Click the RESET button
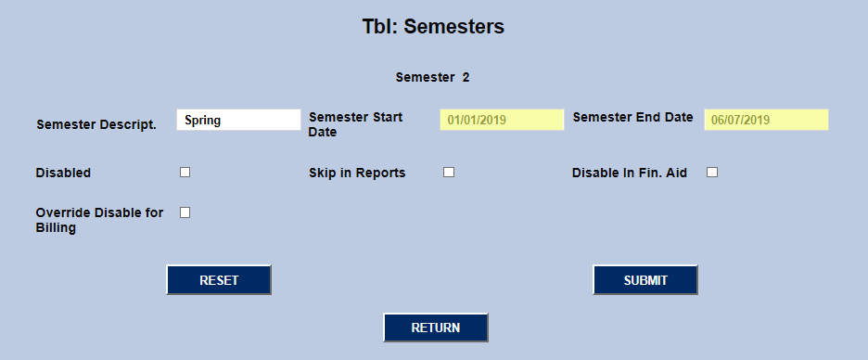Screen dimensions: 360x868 coord(219,280)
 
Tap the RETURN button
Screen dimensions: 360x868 coord(436,328)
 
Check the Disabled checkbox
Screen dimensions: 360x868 coord(185,172)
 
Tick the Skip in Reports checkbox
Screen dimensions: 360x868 coord(449,172)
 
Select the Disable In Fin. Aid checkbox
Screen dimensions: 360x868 coord(712,172)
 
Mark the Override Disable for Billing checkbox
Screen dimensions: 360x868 coord(185,212)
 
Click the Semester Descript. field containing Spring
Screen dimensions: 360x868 coord(238,120)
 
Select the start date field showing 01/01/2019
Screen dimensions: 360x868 coord(502,120)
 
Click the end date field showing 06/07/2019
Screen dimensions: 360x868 coord(766,120)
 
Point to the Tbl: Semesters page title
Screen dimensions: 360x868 coord(433,27)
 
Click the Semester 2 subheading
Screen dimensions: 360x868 coord(432,77)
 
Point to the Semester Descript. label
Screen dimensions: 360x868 coord(96,124)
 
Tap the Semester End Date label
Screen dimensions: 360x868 coord(632,117)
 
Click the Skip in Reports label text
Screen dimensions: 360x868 coord(357,173)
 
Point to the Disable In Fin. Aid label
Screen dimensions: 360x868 coord(630,173)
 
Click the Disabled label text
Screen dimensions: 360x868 coord(63,173)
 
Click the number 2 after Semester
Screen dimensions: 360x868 coord(466,77)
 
